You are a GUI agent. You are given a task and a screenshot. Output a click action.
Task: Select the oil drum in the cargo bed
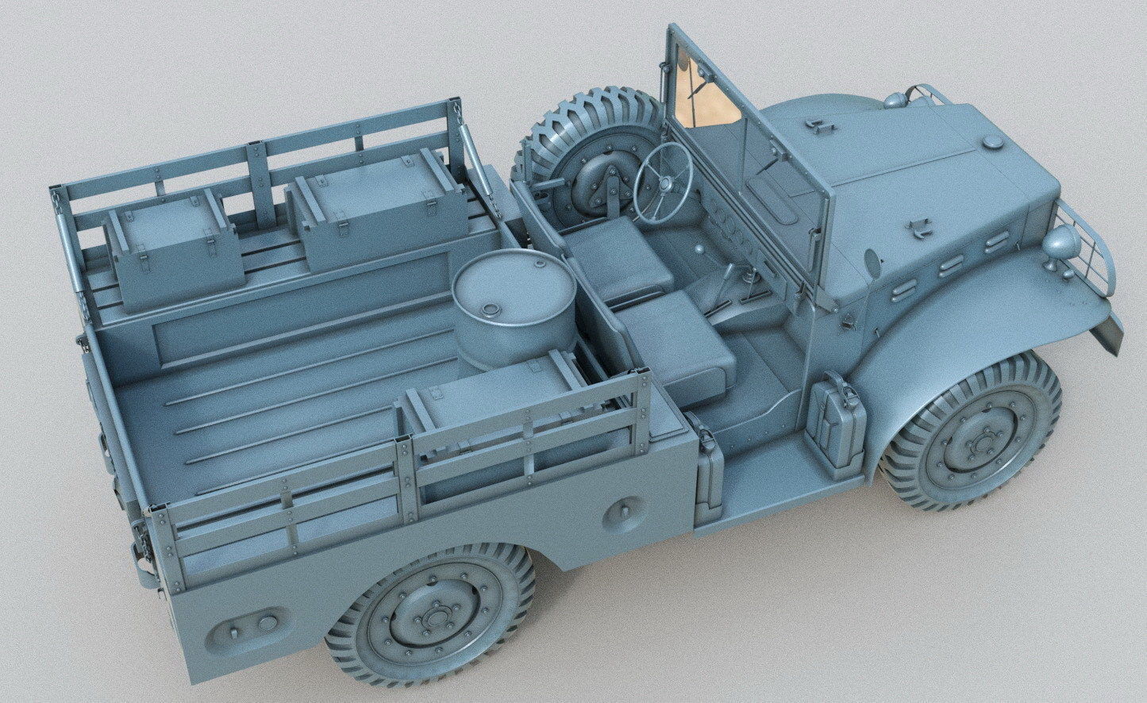(514, 305)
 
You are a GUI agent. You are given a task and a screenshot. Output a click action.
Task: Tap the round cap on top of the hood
(992, 143)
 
